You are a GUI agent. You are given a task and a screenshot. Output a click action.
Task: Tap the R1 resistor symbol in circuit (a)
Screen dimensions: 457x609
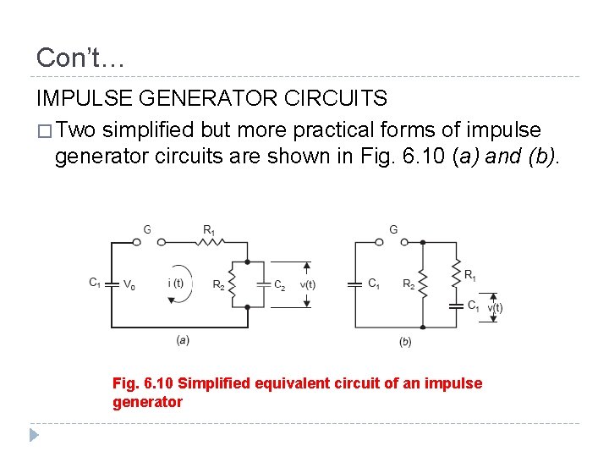[210, 241]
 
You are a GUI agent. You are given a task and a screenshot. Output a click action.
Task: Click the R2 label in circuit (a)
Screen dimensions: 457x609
[218, 285]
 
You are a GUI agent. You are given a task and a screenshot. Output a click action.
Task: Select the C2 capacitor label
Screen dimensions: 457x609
[279, 285]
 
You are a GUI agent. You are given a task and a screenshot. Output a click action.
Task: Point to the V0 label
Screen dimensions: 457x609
[129, 285]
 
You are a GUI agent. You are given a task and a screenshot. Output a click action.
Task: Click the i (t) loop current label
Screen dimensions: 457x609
[176, 283]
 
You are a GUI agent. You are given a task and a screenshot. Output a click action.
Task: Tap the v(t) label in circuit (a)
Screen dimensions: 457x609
[307, 285]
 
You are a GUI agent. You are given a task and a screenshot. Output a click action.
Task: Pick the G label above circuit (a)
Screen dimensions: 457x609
[148, 228]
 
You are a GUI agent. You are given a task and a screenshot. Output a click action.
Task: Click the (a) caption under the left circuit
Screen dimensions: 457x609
[183, 339]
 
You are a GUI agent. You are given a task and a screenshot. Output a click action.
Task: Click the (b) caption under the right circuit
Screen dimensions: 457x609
[405, 341]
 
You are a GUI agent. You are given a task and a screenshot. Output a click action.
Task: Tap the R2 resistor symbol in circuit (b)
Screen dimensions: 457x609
[423, 284]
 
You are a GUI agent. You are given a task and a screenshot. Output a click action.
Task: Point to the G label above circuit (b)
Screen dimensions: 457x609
[393, 228]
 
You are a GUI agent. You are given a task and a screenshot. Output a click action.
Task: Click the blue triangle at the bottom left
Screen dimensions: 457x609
[34, 435]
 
